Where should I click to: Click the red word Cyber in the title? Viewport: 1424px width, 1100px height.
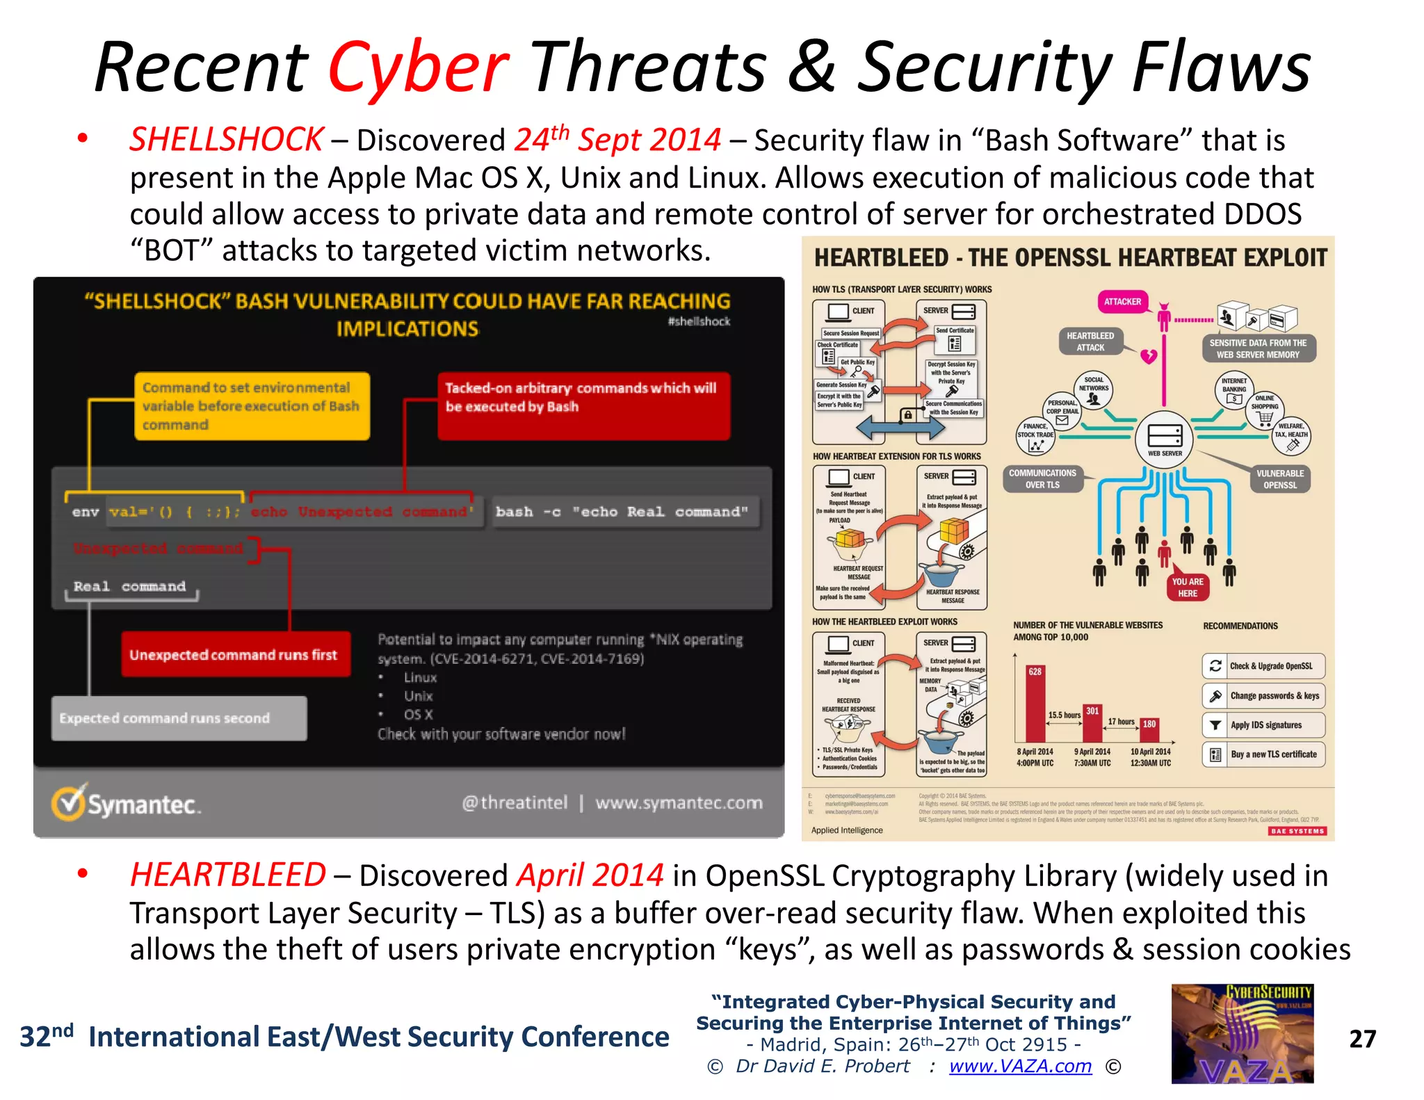click(419, 67)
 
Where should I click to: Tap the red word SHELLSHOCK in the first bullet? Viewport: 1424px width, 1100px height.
click(227, 140)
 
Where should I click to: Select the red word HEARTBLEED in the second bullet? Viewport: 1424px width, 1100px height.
click(228, 875)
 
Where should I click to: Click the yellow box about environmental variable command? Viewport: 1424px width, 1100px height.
click(252, 406)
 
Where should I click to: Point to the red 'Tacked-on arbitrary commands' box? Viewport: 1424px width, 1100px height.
click(583, 406)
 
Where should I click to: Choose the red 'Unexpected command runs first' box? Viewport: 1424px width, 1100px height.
click(235, 654)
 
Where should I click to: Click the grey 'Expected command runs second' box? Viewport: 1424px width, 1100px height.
click(179, 718)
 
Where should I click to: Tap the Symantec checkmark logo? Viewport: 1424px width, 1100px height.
click(68, 803)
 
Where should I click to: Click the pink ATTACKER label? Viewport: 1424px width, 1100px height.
click(1122, 302)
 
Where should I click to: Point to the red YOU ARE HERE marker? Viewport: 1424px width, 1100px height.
click(1188, 588)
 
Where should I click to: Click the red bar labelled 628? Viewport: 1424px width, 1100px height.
click(1035, 703)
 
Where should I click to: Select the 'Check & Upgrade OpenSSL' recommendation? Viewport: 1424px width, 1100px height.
click(1263, 666)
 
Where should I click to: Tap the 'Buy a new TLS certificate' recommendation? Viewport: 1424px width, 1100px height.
click(1263, 754)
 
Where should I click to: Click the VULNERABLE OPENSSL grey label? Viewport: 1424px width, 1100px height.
click(1280, 479)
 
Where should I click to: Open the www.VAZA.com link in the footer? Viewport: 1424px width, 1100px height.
click(1020, 1066)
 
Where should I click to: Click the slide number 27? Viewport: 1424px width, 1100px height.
click(1362, 1039)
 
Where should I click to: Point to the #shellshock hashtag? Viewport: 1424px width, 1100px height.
click(699, 321)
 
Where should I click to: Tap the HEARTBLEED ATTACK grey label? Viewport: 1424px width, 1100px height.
click(1090, 341)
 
